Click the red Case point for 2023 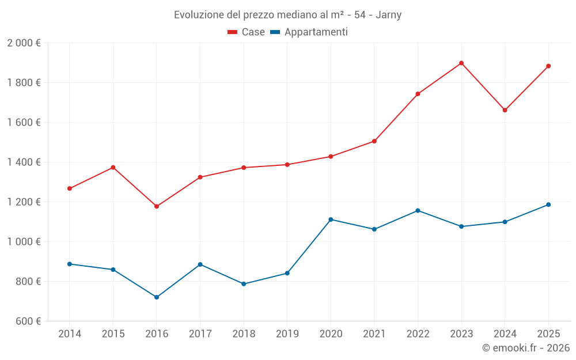(461, 63)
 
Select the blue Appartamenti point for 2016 (157, 297)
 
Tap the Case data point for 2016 (157, 206)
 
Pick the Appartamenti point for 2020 (331, 219)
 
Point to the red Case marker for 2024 (505, 110)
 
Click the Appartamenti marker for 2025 (548, 204)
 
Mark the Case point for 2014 (70, 188)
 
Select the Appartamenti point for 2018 (244, 284)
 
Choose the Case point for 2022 (418, 94)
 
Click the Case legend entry (247, 32)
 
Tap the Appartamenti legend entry (309, 32)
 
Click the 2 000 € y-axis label (24, 43)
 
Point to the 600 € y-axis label (27, 321)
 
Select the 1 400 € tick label (24, 162)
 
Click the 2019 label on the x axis (287, 334)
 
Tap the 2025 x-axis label (548, 334)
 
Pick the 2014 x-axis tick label (70, 334)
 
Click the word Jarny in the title (388, 14)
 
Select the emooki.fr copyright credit (526, 348)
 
